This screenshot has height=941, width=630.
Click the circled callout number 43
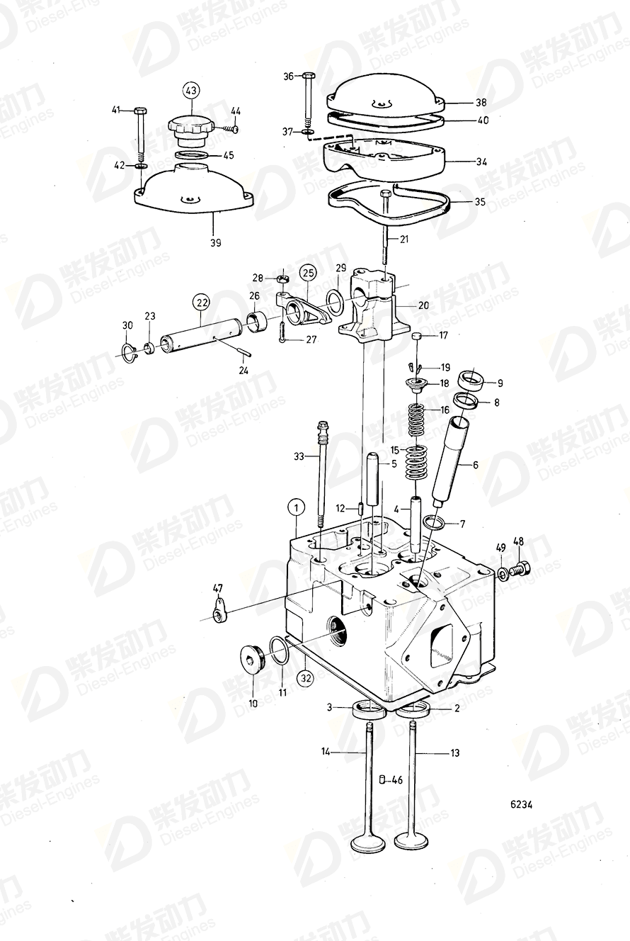pos(191,91)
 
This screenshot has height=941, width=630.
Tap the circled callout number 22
pos(202,303)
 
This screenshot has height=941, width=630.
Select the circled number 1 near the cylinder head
pos(296,507)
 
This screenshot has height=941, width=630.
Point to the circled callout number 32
pos(305,678)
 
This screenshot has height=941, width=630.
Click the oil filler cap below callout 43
pos(189,130)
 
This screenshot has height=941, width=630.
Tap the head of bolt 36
pos(308,76)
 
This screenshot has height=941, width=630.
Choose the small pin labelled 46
pos(382,780)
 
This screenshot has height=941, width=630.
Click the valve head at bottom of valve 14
pos(369,843)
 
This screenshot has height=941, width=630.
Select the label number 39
pos(215,242)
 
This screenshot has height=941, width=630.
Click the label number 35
pos(480,201)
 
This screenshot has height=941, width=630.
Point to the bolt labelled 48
pos(520,567)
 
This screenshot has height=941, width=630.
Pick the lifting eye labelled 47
pos(220,609)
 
